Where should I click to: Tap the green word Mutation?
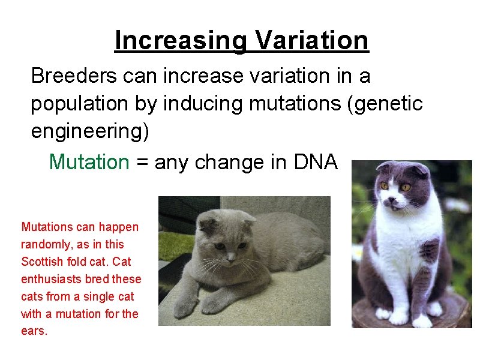tap(89, 162)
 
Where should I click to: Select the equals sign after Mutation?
tap(142, 163)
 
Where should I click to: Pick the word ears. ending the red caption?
tap(34, 331)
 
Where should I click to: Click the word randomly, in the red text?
tap(46, 244)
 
